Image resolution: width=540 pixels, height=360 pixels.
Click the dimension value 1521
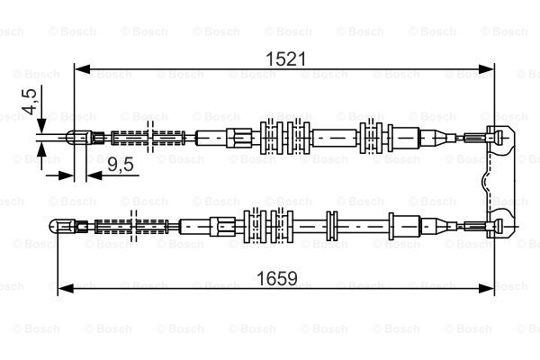(x=286, y=58)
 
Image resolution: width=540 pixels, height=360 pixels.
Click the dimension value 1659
(x=277, y=278)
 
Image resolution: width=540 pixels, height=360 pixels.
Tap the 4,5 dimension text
(x=30, y=102)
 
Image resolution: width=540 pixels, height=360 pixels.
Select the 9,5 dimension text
(x=121, y=164)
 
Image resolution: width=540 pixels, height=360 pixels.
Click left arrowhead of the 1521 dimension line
(x=83, y=69)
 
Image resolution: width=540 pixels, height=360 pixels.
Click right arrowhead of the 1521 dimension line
(x=486, y=69)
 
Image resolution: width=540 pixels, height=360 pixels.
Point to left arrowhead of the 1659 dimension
(x=66, y=289)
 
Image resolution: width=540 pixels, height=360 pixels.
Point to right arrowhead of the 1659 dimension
(x=486, y=289)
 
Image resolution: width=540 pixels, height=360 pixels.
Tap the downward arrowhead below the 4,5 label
(x=41, y=126)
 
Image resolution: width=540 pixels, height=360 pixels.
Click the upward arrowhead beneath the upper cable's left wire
(x=41, y=150)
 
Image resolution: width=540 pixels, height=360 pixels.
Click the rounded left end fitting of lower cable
(x=63, y=226)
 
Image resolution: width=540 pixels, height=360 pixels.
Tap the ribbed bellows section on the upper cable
(x=148, y=138)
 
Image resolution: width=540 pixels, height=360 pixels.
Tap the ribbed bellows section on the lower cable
(x=131, y=227)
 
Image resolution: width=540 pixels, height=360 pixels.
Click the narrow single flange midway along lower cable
(x=331, y=226)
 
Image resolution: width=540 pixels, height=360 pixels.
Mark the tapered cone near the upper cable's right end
(x=442, y=138)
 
